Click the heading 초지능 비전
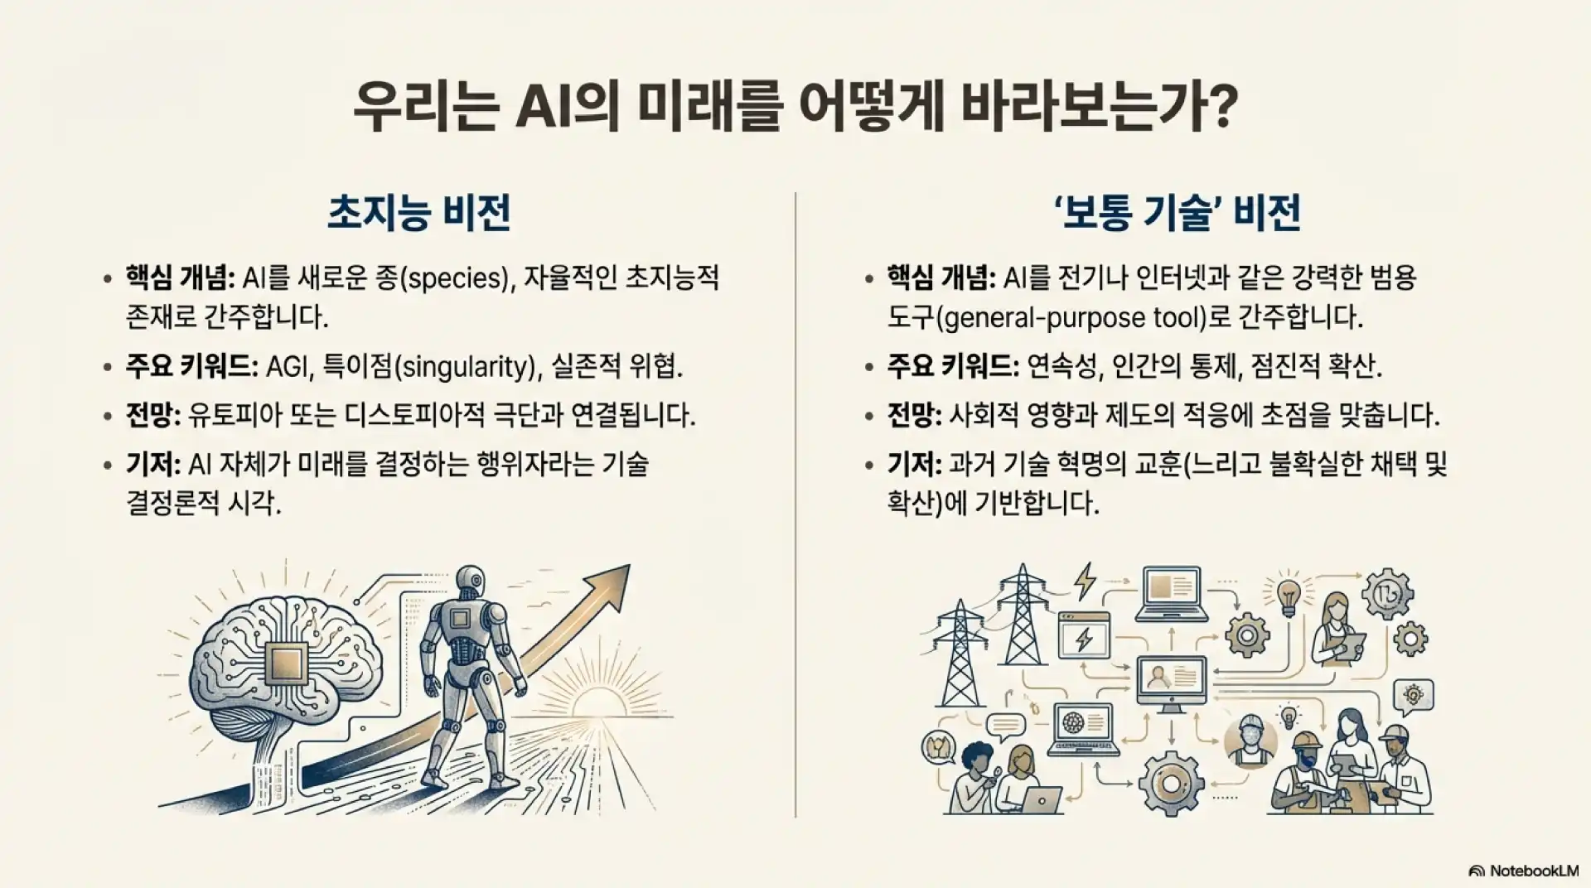pos(418,213)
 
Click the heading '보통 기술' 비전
pos(1176,213)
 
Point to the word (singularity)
pos(463,366)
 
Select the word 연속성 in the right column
pos(1064,366)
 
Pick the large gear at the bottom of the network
pos(1171,783)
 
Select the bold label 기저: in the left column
pos(152,465)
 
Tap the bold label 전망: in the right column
pos(914,415)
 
